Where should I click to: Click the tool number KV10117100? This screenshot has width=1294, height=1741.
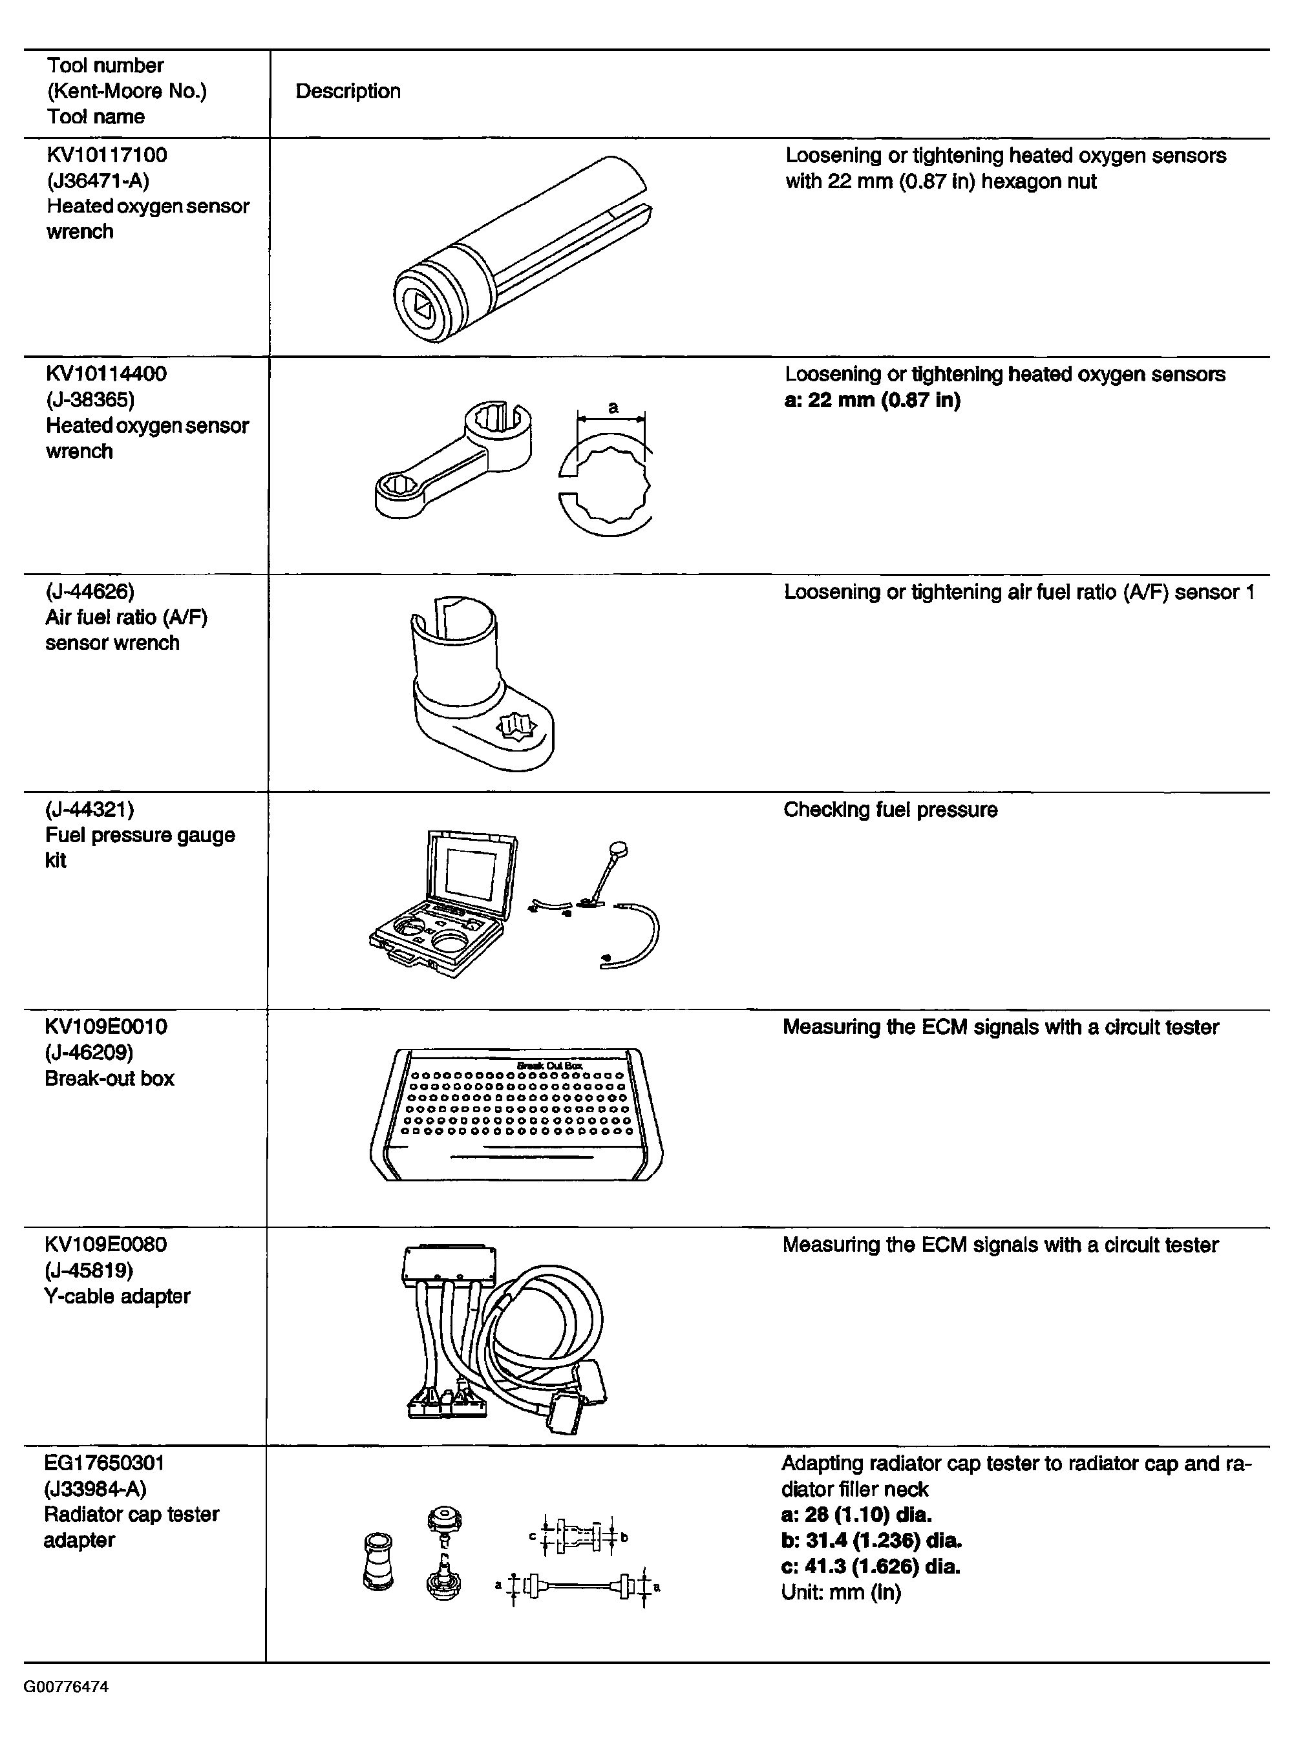click(x=107, y=155)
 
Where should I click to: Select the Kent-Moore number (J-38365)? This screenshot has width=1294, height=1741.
click(x=90, y=399)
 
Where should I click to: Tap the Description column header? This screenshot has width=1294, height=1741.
click(x=348, y=92)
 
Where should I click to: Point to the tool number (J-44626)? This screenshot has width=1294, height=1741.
click(x=90, y=591)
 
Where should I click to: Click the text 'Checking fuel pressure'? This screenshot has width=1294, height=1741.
click(x=890, y=810)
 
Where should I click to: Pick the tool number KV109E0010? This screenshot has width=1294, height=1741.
click(x=106, y=1027)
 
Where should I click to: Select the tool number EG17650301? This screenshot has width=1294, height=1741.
click(x=104, y=1463)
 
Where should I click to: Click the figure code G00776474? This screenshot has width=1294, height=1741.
click(x=66, y=1686)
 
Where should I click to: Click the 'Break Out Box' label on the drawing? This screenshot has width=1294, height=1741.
click(x=549, y=1065)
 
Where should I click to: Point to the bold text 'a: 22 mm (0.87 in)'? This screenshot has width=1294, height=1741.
click(x=872, y=400)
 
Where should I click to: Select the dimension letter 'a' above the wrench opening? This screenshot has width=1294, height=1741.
click(x=613, y=407)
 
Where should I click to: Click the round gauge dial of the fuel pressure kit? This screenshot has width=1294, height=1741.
click(x=619, y=849)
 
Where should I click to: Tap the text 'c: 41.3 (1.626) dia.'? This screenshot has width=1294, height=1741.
click(x=870, y=1567)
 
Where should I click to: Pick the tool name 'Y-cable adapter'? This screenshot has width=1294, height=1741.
click(x=118, y=1296)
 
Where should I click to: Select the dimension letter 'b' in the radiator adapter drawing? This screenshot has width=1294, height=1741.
click(x=624, y=1537)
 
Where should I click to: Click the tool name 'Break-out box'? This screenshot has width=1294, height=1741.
click(x=110, y=1079)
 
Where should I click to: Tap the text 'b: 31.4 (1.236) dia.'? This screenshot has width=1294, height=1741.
click(x=871, y=1541)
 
